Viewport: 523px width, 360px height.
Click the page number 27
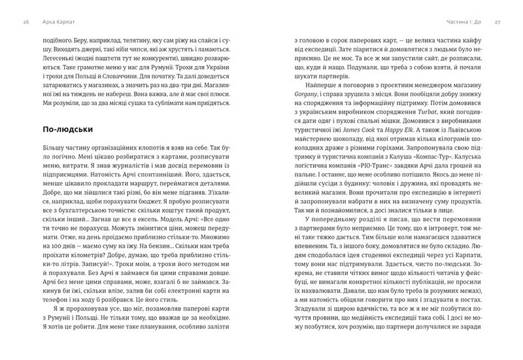point(498,22)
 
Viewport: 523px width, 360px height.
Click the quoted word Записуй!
point(105,257)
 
